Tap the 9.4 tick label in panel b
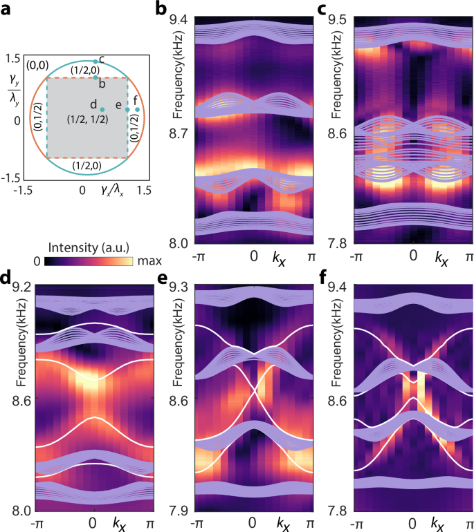(182, 20)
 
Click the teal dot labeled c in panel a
(95, 61)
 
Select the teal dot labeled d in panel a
(102, 109)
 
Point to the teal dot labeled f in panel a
(137, 109)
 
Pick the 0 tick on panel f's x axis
(412, 524)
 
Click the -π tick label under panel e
(198, 524)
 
